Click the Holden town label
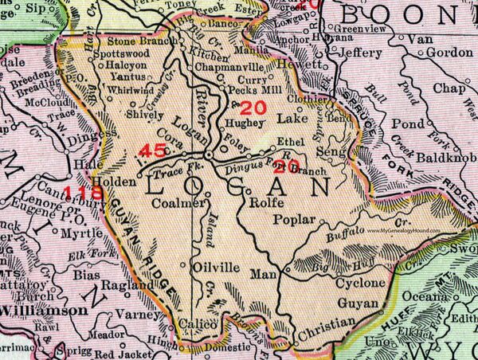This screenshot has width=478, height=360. tap(122, 180)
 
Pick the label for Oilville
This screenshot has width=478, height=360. tap(215, 268)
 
